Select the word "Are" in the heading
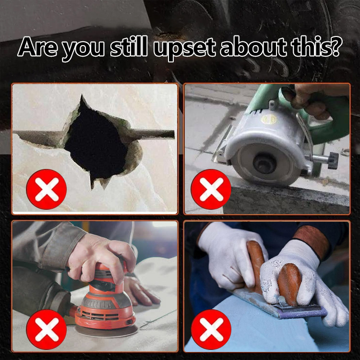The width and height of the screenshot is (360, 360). point(37,47)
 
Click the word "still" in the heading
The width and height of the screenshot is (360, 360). point(129,46)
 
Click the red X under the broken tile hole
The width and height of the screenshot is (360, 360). point(47,189)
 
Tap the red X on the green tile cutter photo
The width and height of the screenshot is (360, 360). point(211,189)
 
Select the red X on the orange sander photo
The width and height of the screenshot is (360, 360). point(47,329)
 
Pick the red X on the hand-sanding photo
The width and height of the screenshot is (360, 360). point(211,329)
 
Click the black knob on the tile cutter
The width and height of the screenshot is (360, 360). point(333,160)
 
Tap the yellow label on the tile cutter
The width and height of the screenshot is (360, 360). point(269,120)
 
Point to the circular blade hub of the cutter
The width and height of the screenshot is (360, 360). point(264,164)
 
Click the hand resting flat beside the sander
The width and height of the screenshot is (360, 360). point(140,290)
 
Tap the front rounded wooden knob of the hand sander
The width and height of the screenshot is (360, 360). point(289,284)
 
